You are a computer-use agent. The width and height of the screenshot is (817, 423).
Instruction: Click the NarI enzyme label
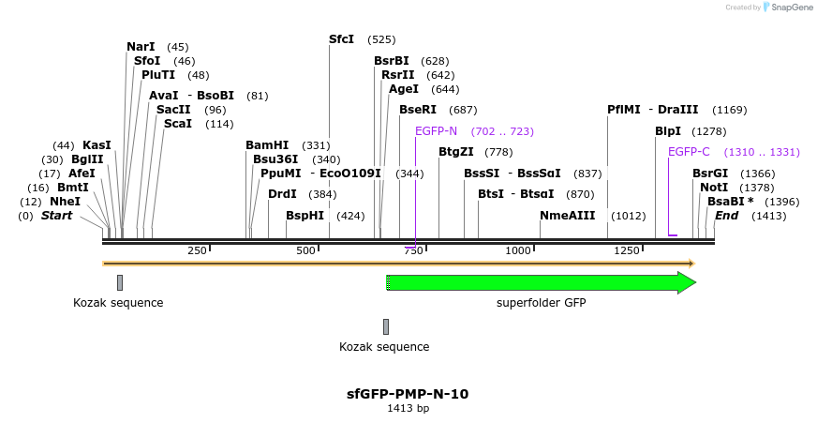pyautogui.click(x=141, y=47)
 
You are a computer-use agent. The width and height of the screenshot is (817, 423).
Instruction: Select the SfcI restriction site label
pyautogui.click(x=341, y=39)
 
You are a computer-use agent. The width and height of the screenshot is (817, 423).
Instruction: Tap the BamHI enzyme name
pyautogui.click(x=267, y=145)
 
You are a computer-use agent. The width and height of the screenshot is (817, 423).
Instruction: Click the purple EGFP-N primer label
pyautogui.click(x=436, y=131)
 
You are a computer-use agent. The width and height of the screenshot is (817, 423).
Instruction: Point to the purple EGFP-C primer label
pyautogui.click(x=689, y=152)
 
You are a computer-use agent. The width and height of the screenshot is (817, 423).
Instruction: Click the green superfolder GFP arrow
pyautogui.click(x=541, y=282)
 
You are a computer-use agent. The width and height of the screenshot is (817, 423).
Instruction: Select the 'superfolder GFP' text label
pyautogui.click(x=536, y=303)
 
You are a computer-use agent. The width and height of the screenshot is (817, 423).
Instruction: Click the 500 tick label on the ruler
pyautogui.click(x=305, y=251)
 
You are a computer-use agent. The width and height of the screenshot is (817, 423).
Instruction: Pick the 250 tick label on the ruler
pyautogui.click(x=197, y=251)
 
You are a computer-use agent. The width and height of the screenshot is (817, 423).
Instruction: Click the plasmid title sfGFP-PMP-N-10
pyautogui.click(x=408, y=394)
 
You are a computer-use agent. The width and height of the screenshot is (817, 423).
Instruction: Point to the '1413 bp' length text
pyautogui.click(x=408, y=409)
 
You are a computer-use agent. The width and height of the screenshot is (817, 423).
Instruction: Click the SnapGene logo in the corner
pyautogui.click(x=786, y=8)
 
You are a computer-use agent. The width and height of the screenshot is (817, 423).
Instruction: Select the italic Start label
pyautogui.click(x=56, y=216)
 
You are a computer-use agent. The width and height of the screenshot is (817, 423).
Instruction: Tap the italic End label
pyautogui.click(x=726, y=216)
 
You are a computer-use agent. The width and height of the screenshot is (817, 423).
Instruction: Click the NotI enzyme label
pyautogui.click(x=713, y=188)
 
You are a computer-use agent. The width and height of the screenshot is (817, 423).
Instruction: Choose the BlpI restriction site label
pyautogui.click(x=668, y=131)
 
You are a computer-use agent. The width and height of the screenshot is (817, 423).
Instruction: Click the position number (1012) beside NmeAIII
pyautogui.click(x=628, y=216)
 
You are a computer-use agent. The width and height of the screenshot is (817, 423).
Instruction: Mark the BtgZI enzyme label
pyautogui.click(x=456, y=152)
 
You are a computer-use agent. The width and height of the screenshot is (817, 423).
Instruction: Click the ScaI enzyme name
pyautogui.click(x=177, y=124)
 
